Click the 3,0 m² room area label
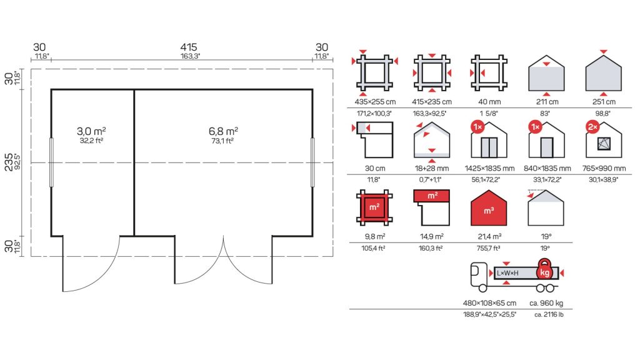pos(91,131)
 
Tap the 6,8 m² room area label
pos(223,131)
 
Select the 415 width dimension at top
pos(189,47)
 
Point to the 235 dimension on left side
pos(8,162)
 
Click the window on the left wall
pos(51,162)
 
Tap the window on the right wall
pos(312,162)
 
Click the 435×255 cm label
pos(375,102)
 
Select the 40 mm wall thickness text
pos(489,102)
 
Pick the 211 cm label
pos(547,102)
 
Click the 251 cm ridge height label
pos(604,102)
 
